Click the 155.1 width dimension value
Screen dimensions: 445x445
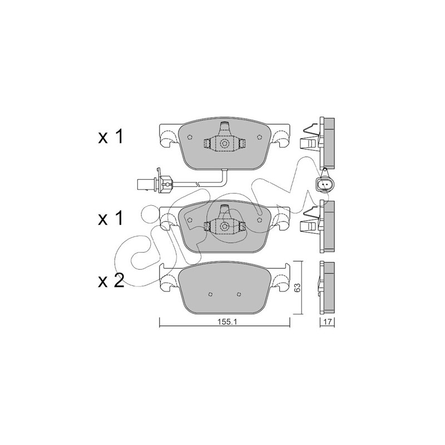click(x=225, y=322)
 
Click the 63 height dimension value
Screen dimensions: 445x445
click(x=297, y=288)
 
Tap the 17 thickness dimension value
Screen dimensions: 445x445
click(x=328, y=322)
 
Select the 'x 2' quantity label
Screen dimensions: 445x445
click(x=111, y=281)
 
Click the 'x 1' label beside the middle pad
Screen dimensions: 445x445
click(x=111, y=219)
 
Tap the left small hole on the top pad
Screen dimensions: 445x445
click(x=190, y=137)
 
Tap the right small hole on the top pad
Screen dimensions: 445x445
click(x=259, y=137)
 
